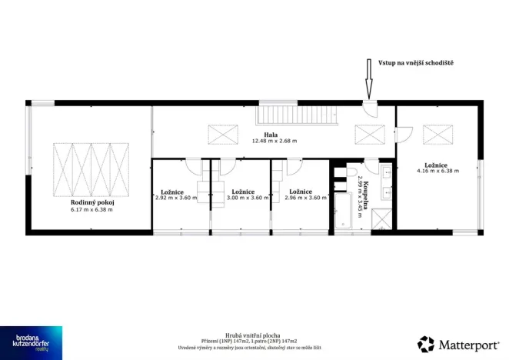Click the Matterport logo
coord(458,343)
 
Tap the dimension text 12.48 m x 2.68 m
coord(274,142)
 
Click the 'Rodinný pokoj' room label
coord(91,203)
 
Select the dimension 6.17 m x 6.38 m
coord(91,210)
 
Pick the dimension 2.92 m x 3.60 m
coord(176,198)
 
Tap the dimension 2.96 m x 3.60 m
coord(299,198)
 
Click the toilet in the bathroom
coord(352,172)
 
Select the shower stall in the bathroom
coord(381,218)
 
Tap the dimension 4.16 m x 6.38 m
coord(437,171)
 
